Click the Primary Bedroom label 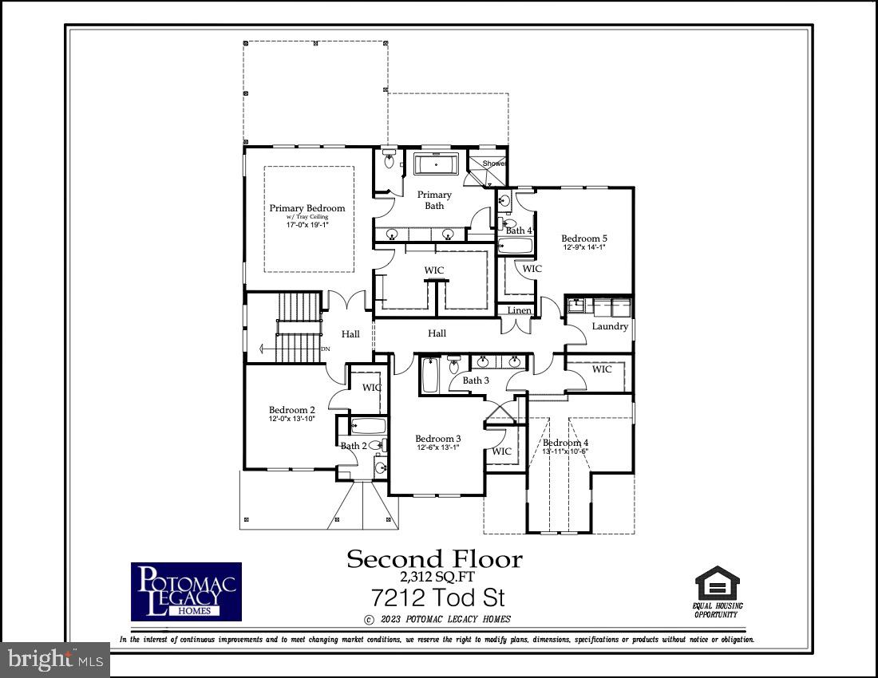pos(307,208)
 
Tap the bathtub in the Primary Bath pos(435,165)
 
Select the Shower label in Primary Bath pos(493,164)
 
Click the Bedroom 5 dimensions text pos(584,247)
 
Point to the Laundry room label pos(610,325)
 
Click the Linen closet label pos(519,310)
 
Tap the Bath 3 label pos(476,380)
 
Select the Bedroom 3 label pos(437,439)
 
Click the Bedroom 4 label pos(565,443)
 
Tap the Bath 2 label pos(354,446)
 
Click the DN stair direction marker pos(325,349)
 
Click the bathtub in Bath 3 pos(429,375)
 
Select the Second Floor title pos(434,559)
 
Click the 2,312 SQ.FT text pos(435,577)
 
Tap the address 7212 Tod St pos(437,597)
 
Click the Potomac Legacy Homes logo pos(186,591)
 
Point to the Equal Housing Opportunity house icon pos(717,583)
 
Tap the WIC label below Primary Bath pos(434,270)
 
